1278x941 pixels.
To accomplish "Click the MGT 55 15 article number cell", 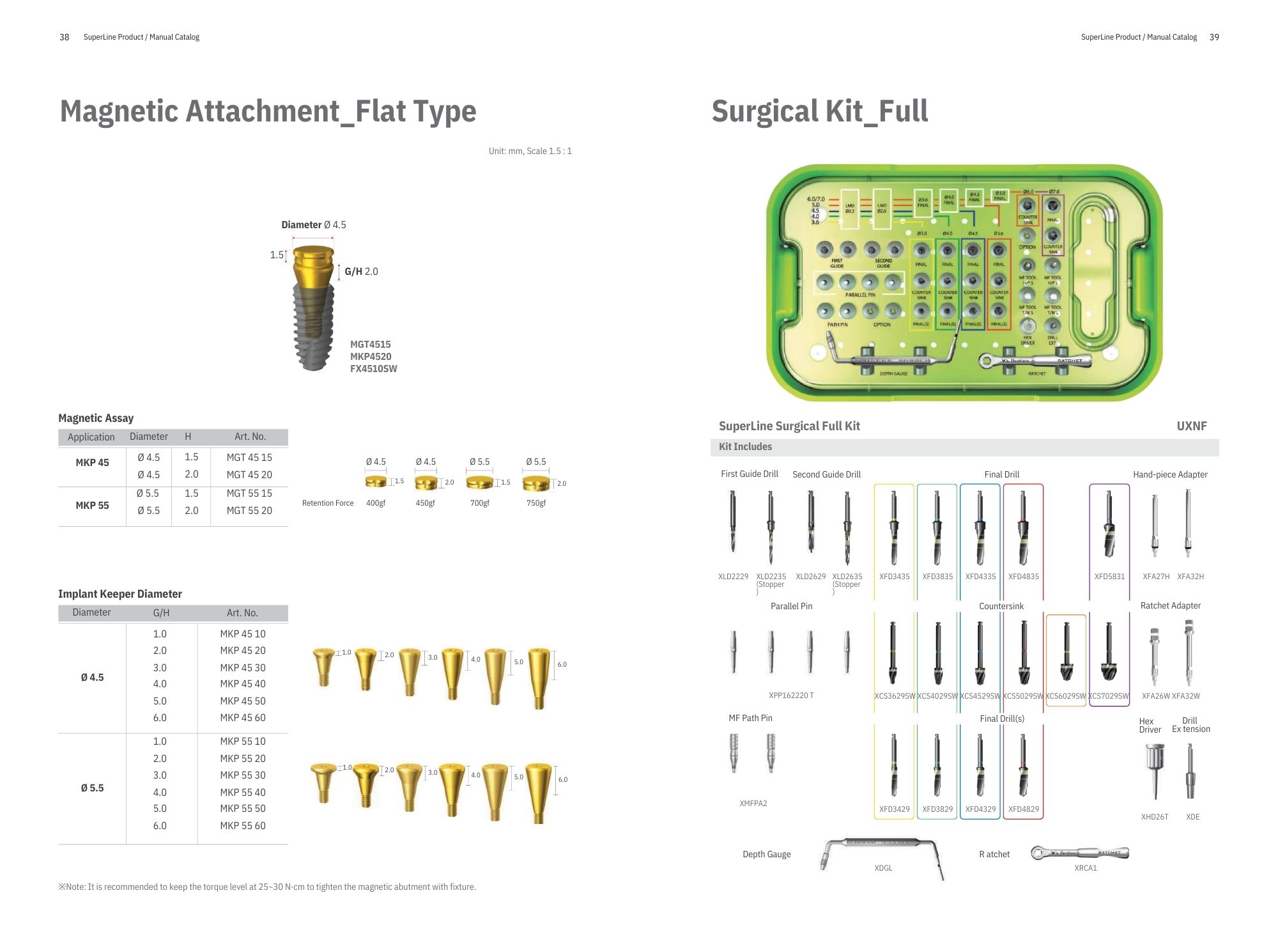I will point(249,494).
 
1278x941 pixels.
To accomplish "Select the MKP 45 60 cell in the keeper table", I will point(243,718).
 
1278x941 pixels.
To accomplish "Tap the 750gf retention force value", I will point(536,503).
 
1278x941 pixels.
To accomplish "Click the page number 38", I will point(64,37).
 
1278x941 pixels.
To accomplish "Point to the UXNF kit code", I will point(1192,426).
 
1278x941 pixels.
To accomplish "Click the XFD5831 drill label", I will point(1109,577).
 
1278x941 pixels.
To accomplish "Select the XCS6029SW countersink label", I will point(1065,696).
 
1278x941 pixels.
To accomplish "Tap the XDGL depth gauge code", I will point(883,868).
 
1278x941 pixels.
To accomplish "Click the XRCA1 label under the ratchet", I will point(1086,868).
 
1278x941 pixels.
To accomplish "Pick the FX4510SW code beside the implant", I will point(373,369).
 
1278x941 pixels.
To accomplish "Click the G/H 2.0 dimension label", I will point(361,272).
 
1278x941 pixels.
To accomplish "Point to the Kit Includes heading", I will point(745,447).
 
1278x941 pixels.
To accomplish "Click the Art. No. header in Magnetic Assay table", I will point(250,437).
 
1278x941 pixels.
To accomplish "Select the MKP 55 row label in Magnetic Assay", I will point(92,506).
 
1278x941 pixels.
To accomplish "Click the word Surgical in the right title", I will point(765,111).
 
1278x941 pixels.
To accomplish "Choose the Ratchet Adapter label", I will point(1170,605).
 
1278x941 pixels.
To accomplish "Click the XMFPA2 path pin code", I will point(753,804).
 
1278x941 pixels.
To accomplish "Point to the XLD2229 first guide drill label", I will point(733,577).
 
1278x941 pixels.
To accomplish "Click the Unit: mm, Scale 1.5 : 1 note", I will point(530,152).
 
